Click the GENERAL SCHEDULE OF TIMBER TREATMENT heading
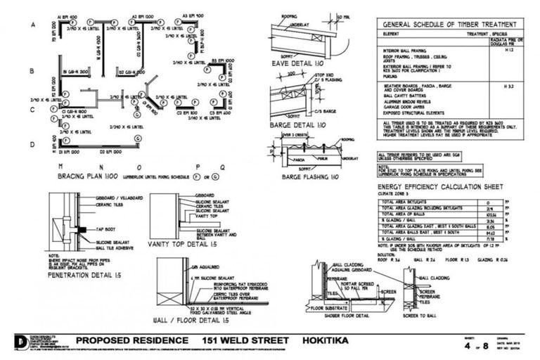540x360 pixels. point(451,23)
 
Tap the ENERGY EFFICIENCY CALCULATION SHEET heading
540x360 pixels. point(439,187)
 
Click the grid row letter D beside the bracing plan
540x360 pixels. point(32,145)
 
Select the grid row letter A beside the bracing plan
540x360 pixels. point(32,25)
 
